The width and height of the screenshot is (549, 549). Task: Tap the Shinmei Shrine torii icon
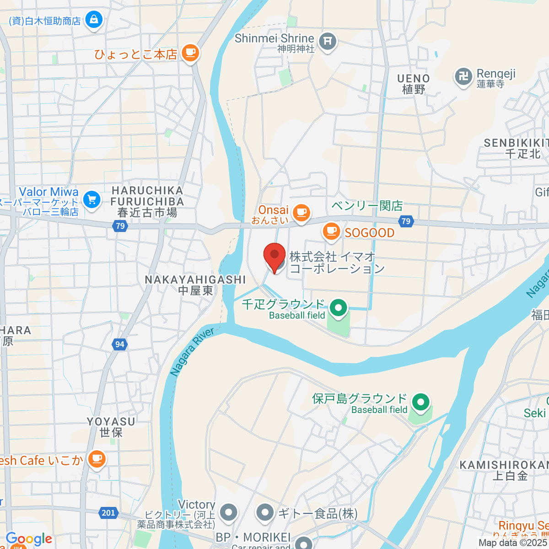click(x=328, y=42)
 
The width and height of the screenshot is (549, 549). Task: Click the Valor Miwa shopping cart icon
click(x=91, y=199)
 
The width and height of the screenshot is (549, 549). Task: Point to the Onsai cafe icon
click(x=301, y=212)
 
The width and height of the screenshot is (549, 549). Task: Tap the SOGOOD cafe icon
click(x=331, y=231)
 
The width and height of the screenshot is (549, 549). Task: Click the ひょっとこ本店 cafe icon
click(x=190, y=53)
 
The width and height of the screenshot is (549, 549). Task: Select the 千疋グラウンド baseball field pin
click(x=339, y=307)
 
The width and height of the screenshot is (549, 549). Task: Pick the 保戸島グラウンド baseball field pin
click(x=420, y=402)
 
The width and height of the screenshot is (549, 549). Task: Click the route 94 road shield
click(x=119, y=344)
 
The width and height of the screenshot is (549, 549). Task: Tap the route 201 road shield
click(x=108, y=513)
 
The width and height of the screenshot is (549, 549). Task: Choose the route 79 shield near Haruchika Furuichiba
click(x=120, y=226)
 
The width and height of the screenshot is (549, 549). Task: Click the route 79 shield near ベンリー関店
click(x=406, y=221)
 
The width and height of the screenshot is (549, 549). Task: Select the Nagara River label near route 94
click(x=192, y=352)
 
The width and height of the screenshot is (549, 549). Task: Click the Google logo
click(x=29, y=539)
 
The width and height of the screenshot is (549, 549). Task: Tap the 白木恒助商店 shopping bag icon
click(x=94, y=20)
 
